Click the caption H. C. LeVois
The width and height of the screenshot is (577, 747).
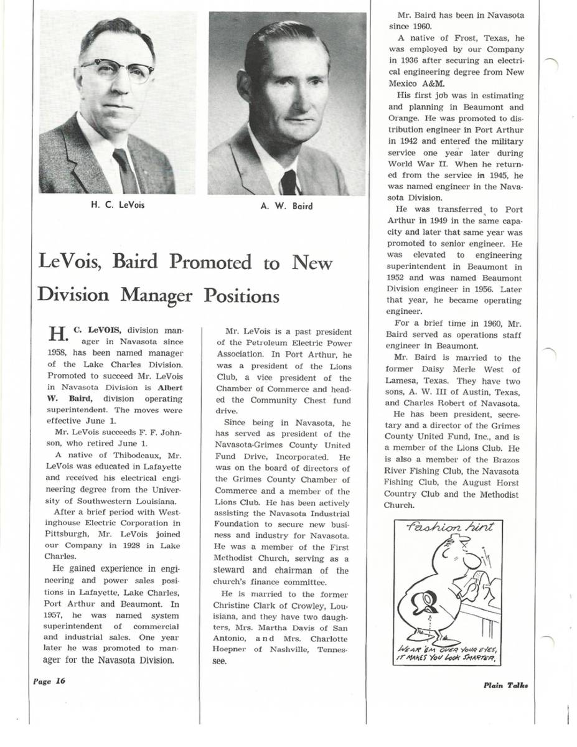pyautogui.click(x=118, y=205)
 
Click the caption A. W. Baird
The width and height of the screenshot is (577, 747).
pyautogui.click(x=286, y=205)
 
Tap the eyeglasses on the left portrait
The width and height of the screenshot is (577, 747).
pyautogui.click(x=117, y=70)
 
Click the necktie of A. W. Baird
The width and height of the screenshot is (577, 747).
pyautogui.click(x=288, y=181)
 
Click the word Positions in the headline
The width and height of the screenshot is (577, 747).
pyautogui.click(x=242, y=294)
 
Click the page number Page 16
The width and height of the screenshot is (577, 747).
pyautogui.click(x=49, y=681)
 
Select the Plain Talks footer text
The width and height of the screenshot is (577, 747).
pyautogui.click(x=505, y=685)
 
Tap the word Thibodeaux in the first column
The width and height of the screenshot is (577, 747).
pyautogui.click(x=120, y=454)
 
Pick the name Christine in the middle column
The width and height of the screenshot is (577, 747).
pyautogui.click(x=235, y=605)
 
